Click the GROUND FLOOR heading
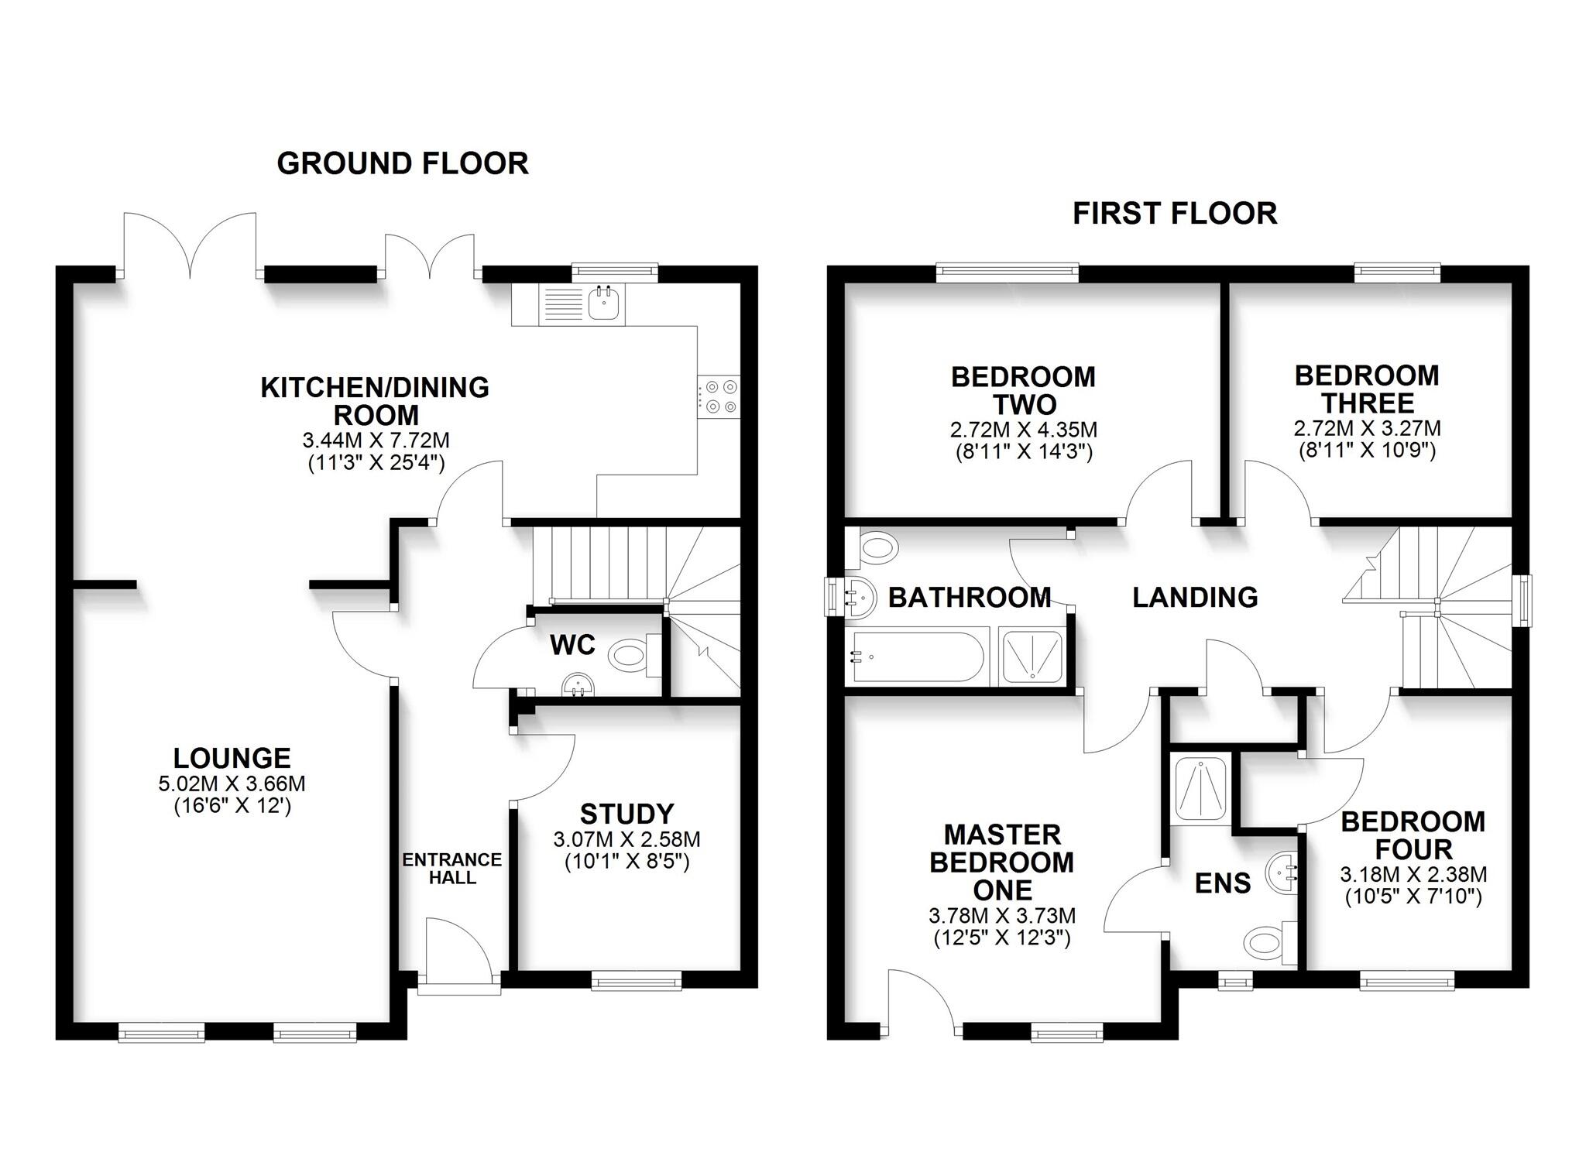coord(403,163)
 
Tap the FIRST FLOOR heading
coord(1174,214)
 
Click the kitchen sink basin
coord(606,303)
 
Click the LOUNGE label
coord(232,757)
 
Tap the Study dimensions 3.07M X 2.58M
coord(627,839)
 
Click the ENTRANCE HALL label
coord(452,868)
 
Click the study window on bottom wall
coord(637,983)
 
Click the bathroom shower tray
coord(1033,657)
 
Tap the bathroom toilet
coord(877,549)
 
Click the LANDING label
coord(1194,597)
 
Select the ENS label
coord(1222,883)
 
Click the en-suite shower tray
coord(1200,788)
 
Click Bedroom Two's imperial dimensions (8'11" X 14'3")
coord(1023,452)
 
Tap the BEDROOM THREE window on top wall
coord(1396,270)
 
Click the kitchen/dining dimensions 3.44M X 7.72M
coord(376,441)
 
